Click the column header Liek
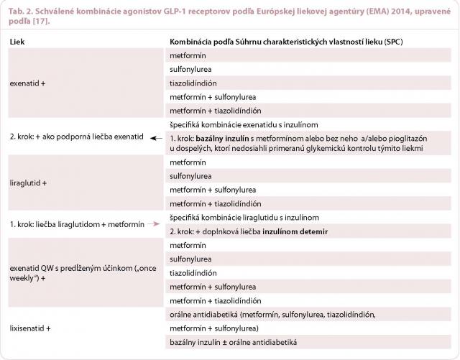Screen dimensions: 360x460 tap(17, 42)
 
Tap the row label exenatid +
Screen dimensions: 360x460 tap(28, 83)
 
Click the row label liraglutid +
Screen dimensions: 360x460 tap(29, 183)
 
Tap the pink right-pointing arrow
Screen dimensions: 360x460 tap(154, 225)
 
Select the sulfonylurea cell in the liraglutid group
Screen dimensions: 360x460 tap(190, 176)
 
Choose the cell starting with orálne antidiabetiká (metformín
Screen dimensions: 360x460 tap(273, 315)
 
